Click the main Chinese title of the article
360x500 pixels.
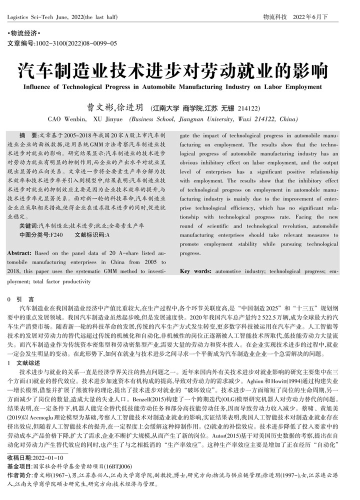click(x=179, y=71)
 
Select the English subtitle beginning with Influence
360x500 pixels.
click(x=179, y=86)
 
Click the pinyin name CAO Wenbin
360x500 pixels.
click(x=67, y=119)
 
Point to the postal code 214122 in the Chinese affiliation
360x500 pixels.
click(x=248, y=108)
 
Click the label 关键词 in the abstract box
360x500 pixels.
click(x=28, y=226)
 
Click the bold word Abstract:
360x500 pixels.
click(x=19, y=253)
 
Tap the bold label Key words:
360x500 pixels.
click(x=195, y=271)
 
